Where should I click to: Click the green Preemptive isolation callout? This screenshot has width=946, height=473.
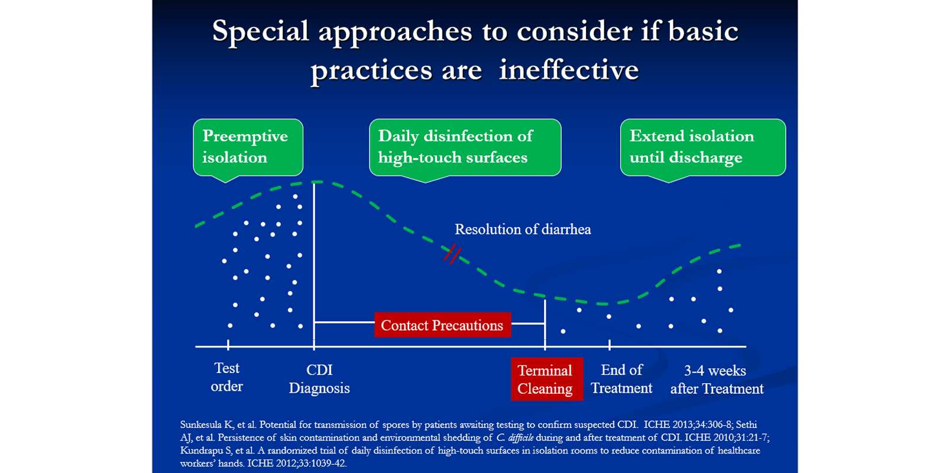point(248,147)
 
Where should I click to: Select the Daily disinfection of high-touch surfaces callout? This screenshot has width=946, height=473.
point(465,147)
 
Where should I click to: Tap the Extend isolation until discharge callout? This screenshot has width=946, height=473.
point(702,147)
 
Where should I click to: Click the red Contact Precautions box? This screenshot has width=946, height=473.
point(442,325)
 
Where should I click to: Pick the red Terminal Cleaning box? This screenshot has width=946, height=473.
point(546,379)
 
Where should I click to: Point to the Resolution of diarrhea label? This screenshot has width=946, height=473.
point(523,229)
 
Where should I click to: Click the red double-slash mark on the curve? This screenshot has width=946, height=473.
point(452,254)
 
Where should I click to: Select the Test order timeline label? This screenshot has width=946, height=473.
point(227,377)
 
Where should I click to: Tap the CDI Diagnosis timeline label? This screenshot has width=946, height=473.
point(319,379)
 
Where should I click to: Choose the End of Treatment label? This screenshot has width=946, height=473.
point(621,379)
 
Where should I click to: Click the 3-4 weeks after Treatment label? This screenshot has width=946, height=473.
point(717,380)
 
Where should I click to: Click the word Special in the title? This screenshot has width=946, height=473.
point(260,31)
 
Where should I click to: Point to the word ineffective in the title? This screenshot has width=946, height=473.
point(569,70)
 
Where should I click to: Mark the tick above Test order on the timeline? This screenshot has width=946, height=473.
point(228,345)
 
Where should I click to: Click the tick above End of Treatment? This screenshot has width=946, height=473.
point(610,345)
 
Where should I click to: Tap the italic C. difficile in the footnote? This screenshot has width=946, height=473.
point(514,438)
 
